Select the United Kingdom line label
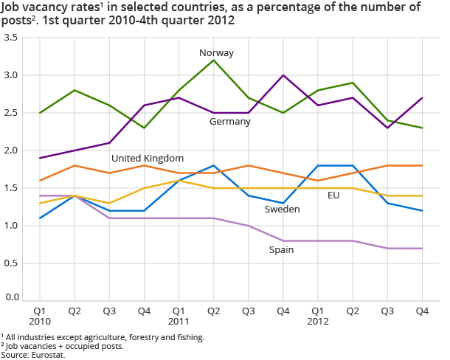click(x=148, y=159)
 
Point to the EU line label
click(x=334, y=195)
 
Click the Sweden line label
click(x=282, y=210)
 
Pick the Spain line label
click(x=280, y=250)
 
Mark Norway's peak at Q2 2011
click(x=214, y=60)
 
